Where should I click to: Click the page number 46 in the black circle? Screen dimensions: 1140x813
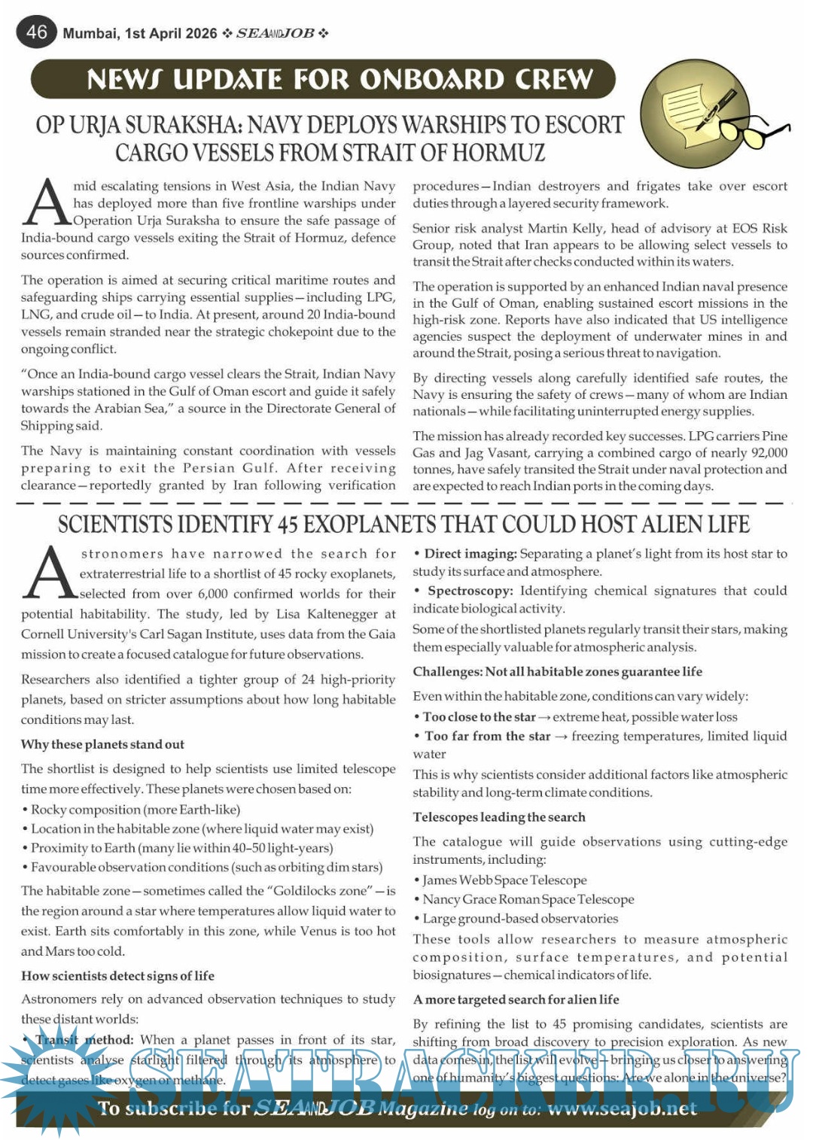coord(36,32)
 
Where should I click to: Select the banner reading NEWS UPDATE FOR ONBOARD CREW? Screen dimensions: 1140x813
coord(324,80)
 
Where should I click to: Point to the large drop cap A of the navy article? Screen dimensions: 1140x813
coord(47,203)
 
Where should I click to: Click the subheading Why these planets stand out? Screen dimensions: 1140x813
coord(102,744)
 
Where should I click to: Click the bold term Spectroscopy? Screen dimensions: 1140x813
coord(470,591)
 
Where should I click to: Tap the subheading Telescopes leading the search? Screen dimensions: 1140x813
coord(498,817)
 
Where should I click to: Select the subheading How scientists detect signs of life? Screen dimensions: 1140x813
coord(117,976)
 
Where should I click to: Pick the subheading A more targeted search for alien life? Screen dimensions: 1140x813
coord(516,999)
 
